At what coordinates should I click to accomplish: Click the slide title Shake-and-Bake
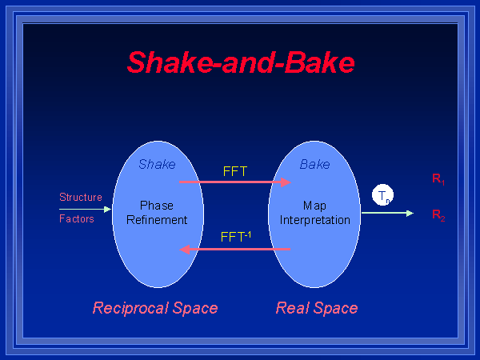point(240,62)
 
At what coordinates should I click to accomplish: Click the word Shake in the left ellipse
point(157,165)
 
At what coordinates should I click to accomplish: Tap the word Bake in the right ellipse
point(314,165)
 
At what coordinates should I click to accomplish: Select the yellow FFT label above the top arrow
point(235,171)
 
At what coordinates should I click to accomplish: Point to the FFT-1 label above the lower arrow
point(236,237)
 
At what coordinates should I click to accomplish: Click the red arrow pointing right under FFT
point(234,182)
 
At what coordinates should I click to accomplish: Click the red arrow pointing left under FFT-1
point(234,249)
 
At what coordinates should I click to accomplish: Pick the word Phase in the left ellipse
point(157,206)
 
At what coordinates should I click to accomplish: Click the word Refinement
point(157,219)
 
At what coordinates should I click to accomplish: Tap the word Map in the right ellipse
point(314,206)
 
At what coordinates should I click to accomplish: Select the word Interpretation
point(315,219)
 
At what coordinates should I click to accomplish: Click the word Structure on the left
point(81,197)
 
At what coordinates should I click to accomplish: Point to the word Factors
point(77,218)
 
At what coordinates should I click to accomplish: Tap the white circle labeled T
point(383,195)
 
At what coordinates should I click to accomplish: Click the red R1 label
point(438,179)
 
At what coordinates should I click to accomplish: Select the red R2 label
point(438,214)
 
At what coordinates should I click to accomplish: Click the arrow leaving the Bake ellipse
point(387,213)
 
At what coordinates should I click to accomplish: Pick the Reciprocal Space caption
point(155,308)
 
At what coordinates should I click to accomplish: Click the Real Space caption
point(317,308)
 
